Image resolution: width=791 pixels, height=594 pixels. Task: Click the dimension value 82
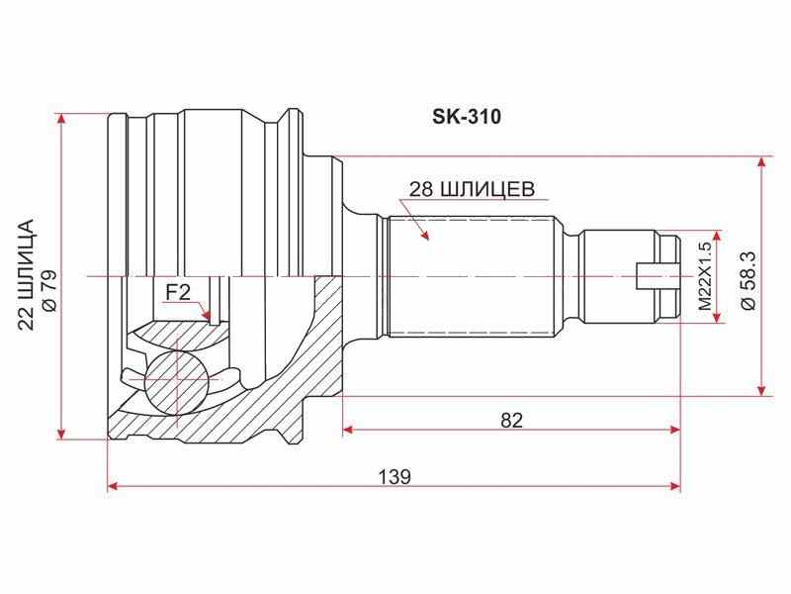click(510, 419)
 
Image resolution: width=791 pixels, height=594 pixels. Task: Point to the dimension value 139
click(395, 476)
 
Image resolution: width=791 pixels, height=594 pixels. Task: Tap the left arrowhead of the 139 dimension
click(113, 487)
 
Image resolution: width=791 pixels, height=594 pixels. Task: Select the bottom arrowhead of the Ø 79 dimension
click(62, 433)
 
